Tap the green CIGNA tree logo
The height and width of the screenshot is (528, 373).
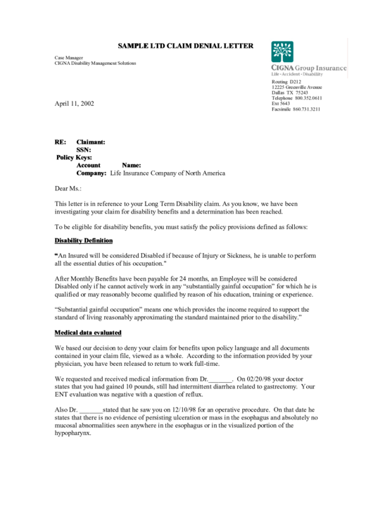[282, 52]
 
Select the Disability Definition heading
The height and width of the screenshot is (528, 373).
[83, 241]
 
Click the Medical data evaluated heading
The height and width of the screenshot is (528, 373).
[88, 332]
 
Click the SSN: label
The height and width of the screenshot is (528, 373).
[84, 149]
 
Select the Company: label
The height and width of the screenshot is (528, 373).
[91, 173]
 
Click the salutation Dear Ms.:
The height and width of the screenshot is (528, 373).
[68, 188]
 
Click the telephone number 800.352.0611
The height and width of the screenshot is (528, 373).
[308, 98]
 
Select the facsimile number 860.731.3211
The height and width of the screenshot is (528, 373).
[307, 109]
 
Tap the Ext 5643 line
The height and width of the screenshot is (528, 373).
[281, 104]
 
